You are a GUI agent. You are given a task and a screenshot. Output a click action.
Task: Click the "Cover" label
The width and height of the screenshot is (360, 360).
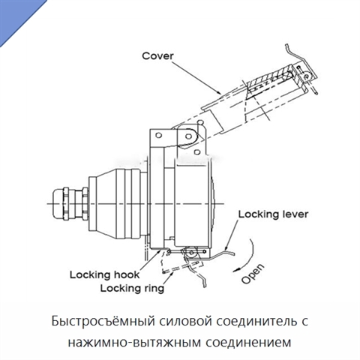coord(157,55)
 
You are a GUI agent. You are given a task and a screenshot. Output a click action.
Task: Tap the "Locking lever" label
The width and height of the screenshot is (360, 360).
coord(273,214)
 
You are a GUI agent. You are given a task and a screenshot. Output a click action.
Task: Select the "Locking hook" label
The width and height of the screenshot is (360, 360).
coord(104,274)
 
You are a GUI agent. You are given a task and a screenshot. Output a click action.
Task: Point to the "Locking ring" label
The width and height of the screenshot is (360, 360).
coord(132,288)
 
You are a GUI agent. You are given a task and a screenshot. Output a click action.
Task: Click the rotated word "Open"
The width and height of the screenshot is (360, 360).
coord(253,274)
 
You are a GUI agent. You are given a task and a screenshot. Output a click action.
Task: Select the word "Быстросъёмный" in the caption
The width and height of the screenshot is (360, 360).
coord(103,321)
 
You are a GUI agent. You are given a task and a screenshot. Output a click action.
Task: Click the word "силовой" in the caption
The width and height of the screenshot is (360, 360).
coord(185,321)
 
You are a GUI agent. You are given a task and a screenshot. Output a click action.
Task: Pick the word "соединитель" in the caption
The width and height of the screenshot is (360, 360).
coord(256,321)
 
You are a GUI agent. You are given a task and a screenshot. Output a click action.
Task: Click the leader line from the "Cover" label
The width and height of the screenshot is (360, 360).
coord(197,77)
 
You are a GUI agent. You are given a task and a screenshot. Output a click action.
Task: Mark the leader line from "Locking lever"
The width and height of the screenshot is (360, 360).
coord(230,235)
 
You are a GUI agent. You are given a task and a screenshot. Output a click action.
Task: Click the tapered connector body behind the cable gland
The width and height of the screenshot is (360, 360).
coord(118,204)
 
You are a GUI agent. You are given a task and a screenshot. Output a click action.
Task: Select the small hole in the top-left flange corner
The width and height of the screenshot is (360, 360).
coord(158,136)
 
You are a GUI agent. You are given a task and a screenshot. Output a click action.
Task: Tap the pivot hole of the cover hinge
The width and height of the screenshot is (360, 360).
coord(188,136)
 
